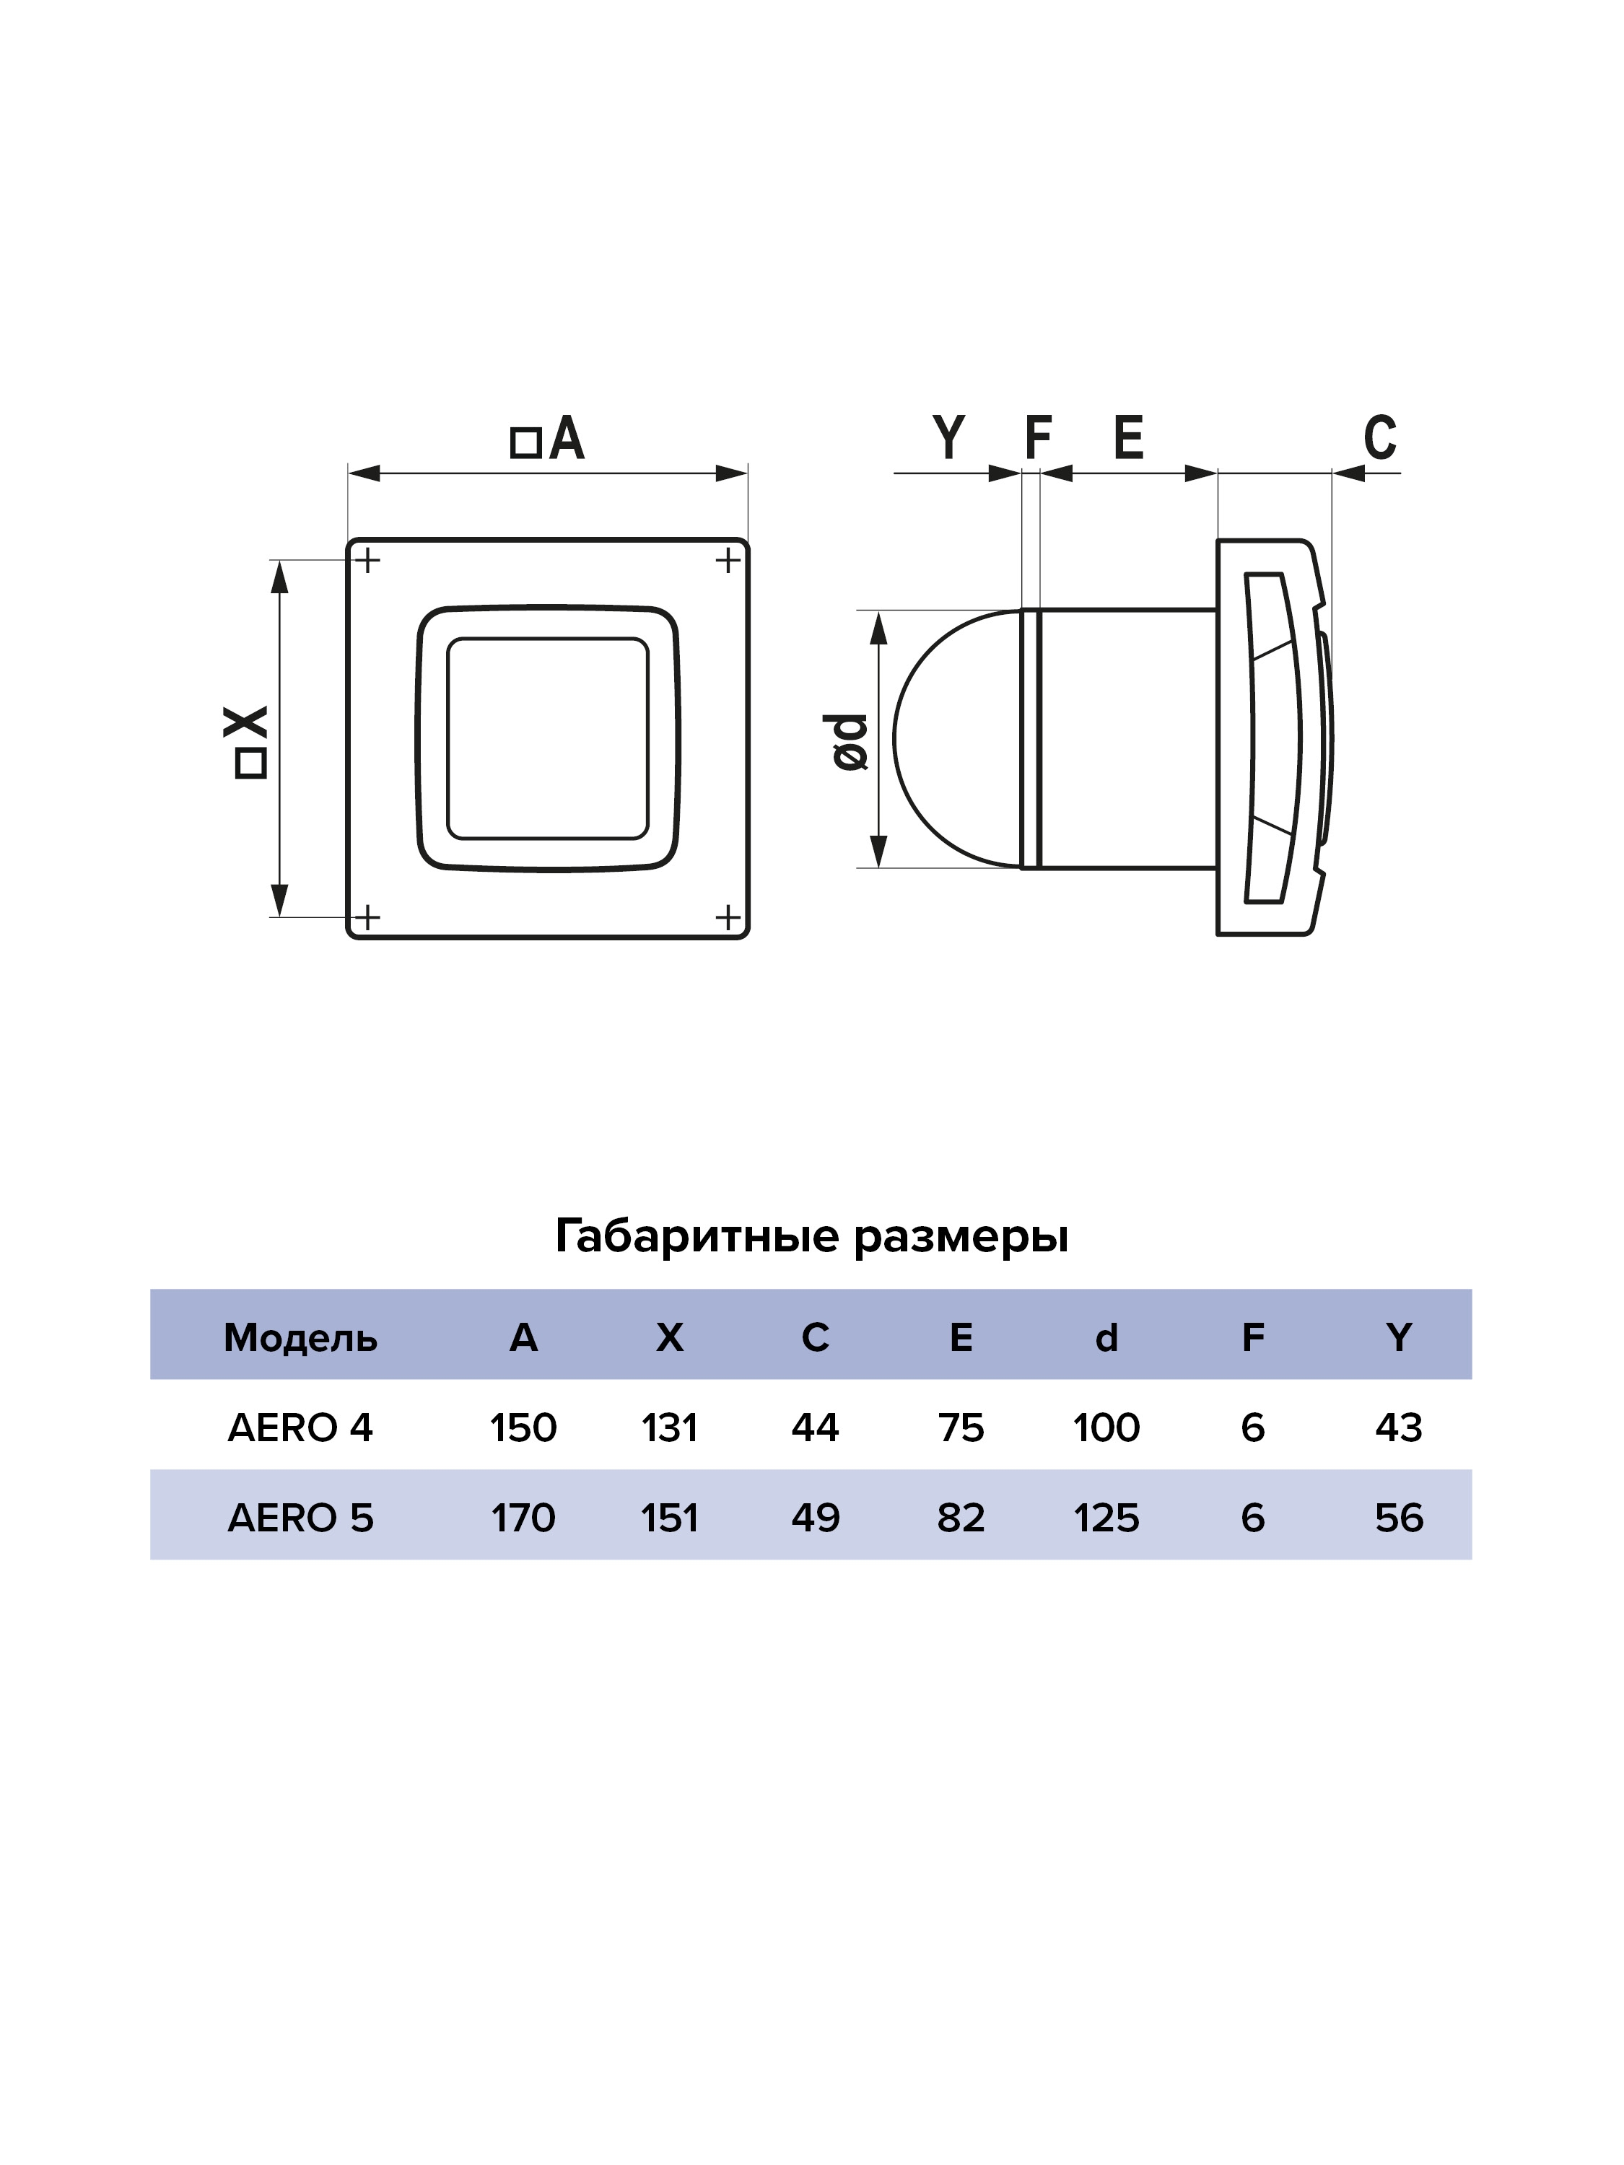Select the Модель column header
click(x=300, y=1337)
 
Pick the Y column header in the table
click(x=1399, y=1337)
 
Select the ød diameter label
click(x=851, y=741)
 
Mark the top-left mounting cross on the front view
click(x=367, y=561)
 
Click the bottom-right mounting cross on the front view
click(x=728, y=917)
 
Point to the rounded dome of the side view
click(x=956, y=739)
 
